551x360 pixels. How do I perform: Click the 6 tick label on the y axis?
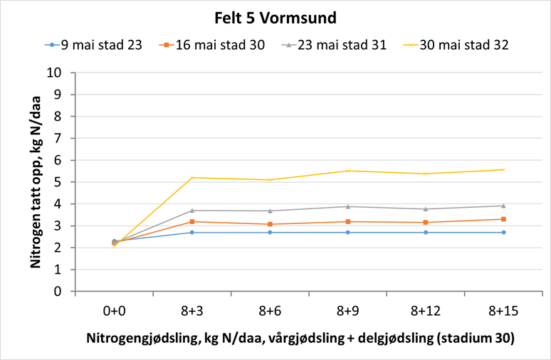click(65, 160)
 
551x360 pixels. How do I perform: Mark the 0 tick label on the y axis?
click(65, 292)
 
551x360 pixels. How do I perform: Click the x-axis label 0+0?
click(115, 310)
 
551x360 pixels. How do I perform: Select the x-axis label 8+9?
click(348, 310)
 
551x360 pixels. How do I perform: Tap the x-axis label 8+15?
click(503, 310)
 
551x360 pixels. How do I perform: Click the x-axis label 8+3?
click(192, 310)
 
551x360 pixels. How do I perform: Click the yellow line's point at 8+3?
click(192, 177)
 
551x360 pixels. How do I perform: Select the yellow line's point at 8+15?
click(503, 169)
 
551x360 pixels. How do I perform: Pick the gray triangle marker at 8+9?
click(348, 206)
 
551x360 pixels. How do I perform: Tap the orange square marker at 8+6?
click(270, 224)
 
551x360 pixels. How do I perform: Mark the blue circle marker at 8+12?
click(426, 232)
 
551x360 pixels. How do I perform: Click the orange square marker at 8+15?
click(503, 219)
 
